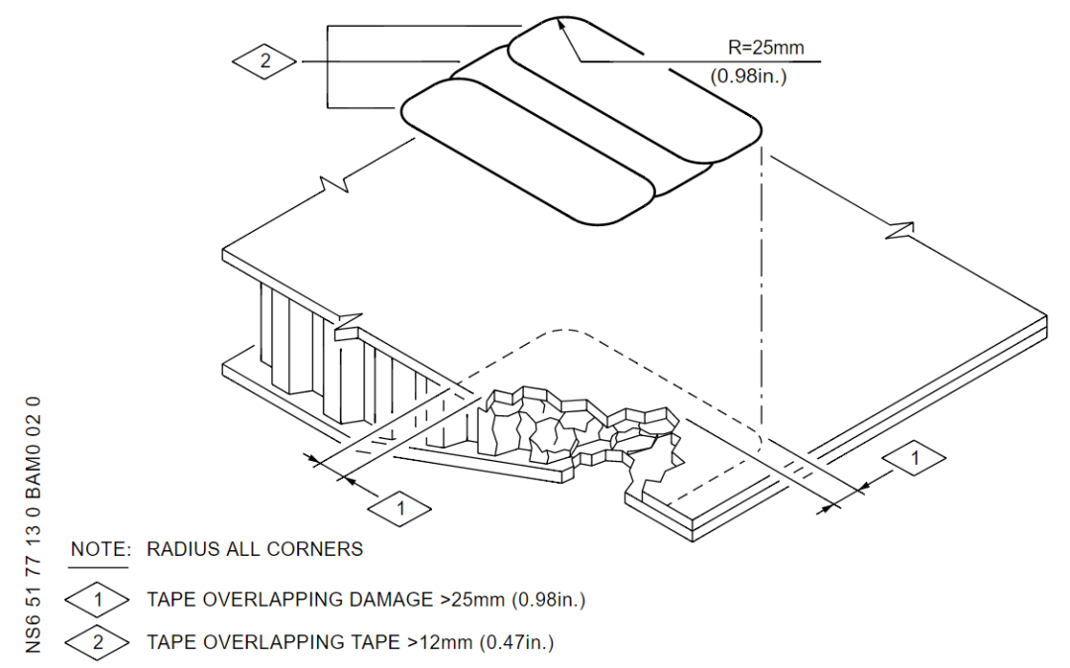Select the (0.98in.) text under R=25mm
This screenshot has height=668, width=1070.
pyautogui.click(x=749, y=75)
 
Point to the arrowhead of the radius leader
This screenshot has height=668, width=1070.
pyautogui.click(x=563, y=23)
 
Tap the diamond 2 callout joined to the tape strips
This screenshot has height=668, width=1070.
pyautogui.click(x=265, y=61)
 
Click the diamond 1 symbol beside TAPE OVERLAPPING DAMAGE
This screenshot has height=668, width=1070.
pyautogui.click(x=97, y=600)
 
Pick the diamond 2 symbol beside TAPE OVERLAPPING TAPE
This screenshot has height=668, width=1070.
pyautogui.click(x=97, y=642)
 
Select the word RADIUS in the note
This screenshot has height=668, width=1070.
pyautogui.click(x=182, y=548)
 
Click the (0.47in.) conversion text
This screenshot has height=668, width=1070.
pyautogui.click(x=516, y=642)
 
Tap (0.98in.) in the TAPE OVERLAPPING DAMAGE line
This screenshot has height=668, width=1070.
pyautogui.click(x=541, y=600)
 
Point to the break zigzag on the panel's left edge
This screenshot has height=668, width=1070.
pyautogui.click(x=332, y=186)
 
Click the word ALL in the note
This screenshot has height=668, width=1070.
pyautogui.click(x=246, y=548)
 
